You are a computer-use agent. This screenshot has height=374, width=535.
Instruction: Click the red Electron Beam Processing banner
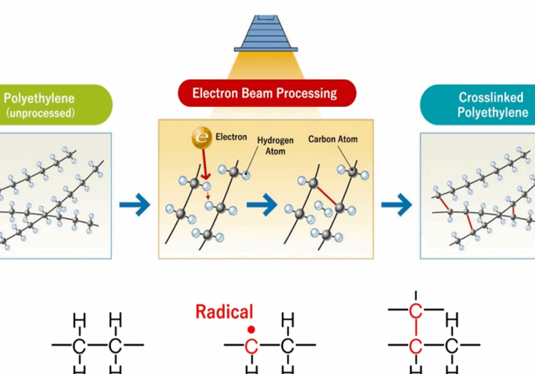[265, 92]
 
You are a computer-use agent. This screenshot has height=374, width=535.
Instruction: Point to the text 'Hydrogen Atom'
[271, 146]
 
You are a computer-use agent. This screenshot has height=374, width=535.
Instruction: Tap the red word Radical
[224, 311]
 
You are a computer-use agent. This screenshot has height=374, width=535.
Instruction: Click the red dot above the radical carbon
[251, 329]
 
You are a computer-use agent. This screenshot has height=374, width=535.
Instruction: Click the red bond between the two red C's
[416, 328]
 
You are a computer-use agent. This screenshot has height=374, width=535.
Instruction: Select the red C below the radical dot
[251, 346]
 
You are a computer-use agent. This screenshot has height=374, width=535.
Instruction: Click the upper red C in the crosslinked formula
[416, 310]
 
